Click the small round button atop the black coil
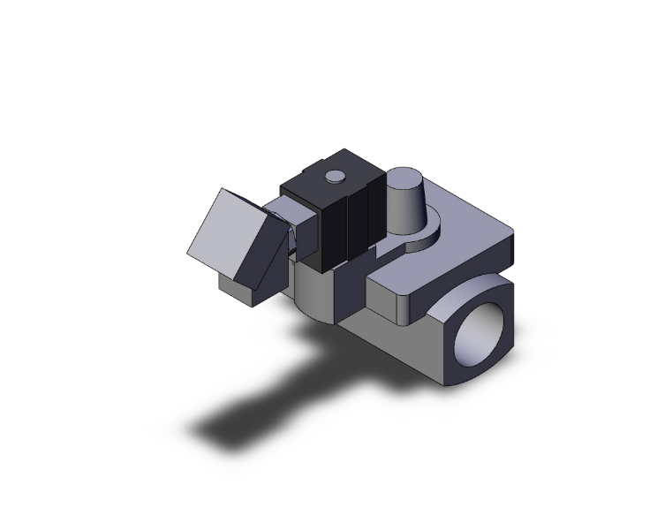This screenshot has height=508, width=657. (334, 178)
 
